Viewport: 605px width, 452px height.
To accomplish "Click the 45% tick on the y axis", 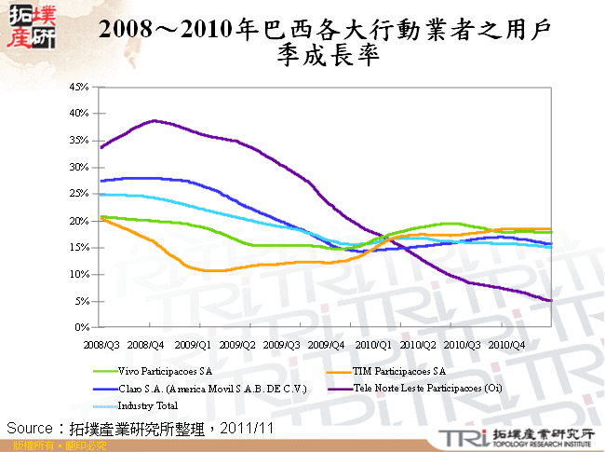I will click(76, 87).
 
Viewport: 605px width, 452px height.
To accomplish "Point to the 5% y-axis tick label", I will click(78, 302).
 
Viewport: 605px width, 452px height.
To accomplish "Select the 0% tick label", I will click(78, 328).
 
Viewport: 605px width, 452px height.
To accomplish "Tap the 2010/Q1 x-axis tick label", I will click(371, 344).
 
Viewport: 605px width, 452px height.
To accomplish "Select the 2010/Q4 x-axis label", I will click(506, 344).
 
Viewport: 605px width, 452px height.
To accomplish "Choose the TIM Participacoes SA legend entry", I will click(396, 371).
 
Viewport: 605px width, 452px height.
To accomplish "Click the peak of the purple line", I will click(155, 120).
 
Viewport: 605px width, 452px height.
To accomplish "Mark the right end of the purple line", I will click(551, 300).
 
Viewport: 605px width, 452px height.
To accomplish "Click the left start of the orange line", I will click(101, 218).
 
